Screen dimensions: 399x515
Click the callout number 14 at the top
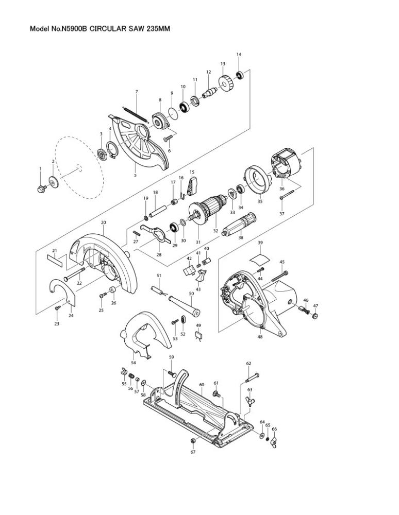pos(239,55)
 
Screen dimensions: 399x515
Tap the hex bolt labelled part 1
pos(42,188)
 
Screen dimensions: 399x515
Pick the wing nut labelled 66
pos(273,443)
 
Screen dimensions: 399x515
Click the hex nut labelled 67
pos(193,441)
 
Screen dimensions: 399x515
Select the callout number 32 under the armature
pos(215,231)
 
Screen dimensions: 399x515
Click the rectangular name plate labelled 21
pos(55,261)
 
